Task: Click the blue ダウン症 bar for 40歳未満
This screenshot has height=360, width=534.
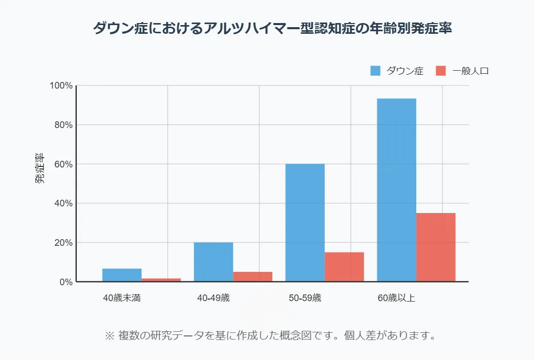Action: pos(122,275)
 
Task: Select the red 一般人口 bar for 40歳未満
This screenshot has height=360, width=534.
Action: pos(161,280)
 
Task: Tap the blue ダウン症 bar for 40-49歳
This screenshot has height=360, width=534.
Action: pos(213,262)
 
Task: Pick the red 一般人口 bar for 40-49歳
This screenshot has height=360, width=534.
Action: pos(252,277)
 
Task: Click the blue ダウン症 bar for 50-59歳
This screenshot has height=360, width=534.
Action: pos(305,223)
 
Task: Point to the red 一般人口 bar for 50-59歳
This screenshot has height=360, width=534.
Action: pos(344,267)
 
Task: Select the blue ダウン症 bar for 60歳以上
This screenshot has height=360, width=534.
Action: pos(396,190)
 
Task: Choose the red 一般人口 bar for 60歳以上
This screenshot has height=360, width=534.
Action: pos(436,247)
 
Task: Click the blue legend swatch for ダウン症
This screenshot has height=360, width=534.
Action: pos(375,71)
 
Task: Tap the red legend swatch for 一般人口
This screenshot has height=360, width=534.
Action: pos(441,71)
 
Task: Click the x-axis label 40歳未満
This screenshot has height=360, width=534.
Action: pos(122,298)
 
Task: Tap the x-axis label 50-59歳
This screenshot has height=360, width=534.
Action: pos(305,298)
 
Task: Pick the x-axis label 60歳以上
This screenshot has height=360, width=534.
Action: pos(396,298)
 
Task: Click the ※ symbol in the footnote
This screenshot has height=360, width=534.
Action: pos(109,336)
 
